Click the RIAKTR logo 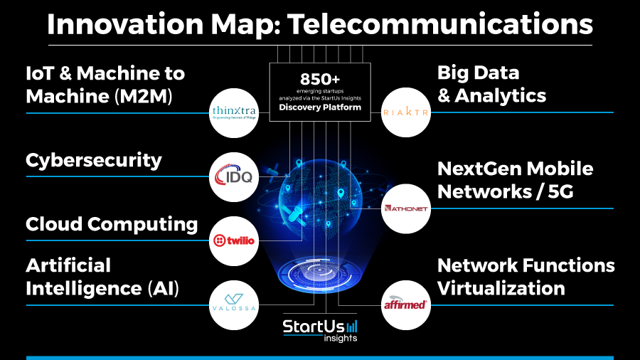[x=405, y=112]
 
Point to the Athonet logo [x=405, y=208]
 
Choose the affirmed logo [x=405, y=305]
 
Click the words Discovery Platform [x=320, y=107]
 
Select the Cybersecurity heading [x=94, y=161]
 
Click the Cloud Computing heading [x=112, y=225]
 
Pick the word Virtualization [x=501, y=289]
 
